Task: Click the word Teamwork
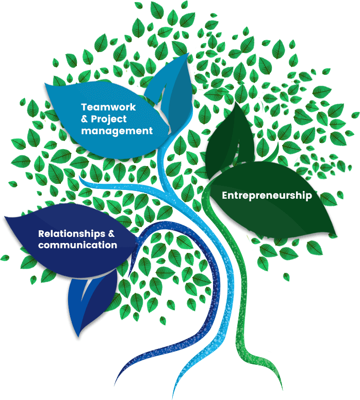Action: (x=108, y=107)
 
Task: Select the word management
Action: (x=117, y=131)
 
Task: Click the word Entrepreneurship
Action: (x=267, y=196)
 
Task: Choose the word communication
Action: (x=77, y=245)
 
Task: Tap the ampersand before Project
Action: (x=86, y=119)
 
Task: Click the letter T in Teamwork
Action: (x=84, y=107)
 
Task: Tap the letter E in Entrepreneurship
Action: (x=225, y=196)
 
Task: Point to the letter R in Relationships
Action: (x=41, y=233)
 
